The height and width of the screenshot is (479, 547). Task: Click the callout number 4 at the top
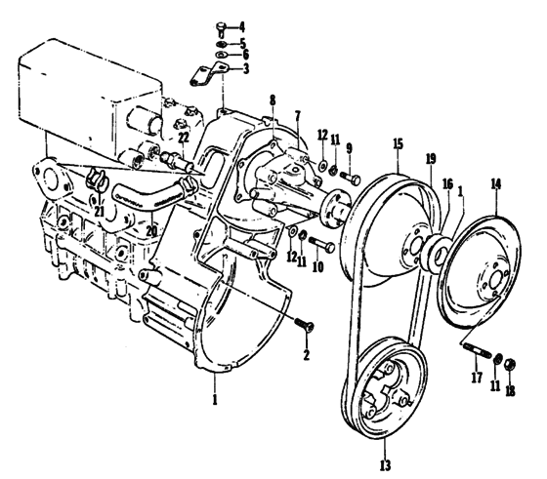coord(242,26)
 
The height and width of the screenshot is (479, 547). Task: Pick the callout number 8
coord(273,100)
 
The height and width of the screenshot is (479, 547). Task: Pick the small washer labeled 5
coord(222,45)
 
